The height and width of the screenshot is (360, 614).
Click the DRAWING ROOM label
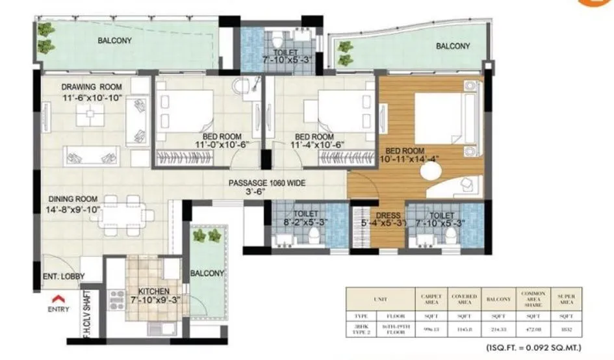point(92,87)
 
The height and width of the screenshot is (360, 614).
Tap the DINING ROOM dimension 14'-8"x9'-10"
point(72,209)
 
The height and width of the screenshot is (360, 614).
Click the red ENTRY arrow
point(58,299)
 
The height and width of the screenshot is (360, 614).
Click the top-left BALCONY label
point(115,40)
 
